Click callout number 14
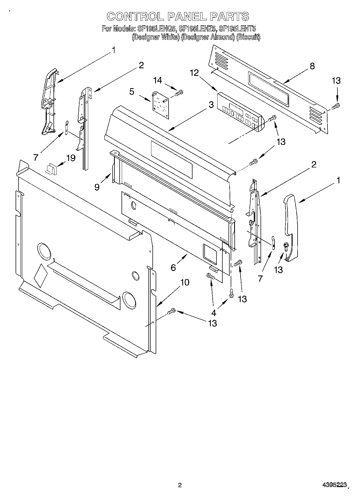click(158, 80)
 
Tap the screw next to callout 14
click(179, 93)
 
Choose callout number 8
click(312, 66)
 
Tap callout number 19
click(71, 158)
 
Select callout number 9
click(97, 187)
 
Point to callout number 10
click(185, 282)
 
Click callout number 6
click(173, 267)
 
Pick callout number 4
click(214, 313)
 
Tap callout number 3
click(211, 104)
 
